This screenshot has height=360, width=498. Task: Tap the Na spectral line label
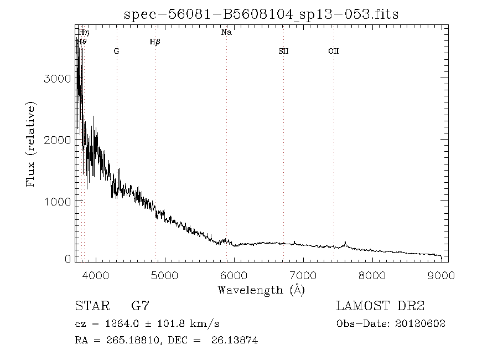[226, 32]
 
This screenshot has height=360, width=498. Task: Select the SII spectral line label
[283, 51]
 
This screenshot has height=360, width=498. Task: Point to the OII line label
[333, 51]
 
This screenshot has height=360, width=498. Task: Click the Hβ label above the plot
[155, 42]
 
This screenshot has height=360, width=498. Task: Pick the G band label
[116, 51]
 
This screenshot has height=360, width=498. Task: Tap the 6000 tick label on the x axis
[234, 275]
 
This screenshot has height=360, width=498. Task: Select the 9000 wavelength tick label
[441, 275]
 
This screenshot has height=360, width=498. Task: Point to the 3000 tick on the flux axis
[57, 79]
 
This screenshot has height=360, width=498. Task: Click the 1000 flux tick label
[57, 202]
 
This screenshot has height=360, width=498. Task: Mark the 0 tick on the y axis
[68, 259]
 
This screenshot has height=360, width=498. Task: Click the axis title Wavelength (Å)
[261, 289]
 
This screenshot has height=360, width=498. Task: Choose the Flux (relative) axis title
[31, 144]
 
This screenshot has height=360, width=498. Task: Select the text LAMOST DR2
[380, 306]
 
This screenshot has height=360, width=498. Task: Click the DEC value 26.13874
[234, 340]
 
